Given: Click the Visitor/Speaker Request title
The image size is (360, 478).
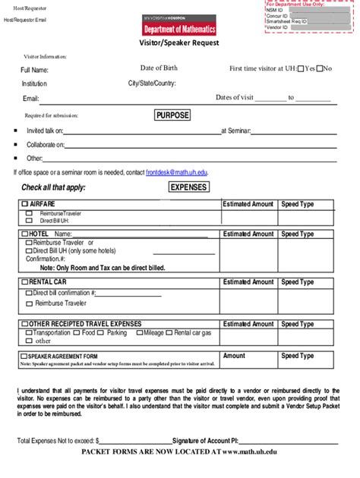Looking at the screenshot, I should pos(178,43).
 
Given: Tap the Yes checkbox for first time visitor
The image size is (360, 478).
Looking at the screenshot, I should pos(301,69).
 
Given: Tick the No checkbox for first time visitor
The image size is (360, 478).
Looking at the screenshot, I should pos(321,69).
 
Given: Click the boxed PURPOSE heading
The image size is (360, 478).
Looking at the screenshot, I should pos(172,115).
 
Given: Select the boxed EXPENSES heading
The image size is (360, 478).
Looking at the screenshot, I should pos(188,187).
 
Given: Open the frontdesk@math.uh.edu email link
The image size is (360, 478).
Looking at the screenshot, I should pos(176,172).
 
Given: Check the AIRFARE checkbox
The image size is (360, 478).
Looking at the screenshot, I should pos(25,204).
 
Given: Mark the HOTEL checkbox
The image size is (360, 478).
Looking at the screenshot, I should pos(25,234).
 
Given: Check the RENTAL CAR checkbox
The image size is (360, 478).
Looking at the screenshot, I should pos(25,282).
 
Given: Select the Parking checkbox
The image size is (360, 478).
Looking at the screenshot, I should pos(103,332).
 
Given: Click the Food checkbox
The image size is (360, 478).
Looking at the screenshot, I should pos(77,332).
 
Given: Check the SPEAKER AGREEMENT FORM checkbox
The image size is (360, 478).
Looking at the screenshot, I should pos(25,356).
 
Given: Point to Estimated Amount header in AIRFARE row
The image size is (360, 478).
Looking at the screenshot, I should pos(248,204).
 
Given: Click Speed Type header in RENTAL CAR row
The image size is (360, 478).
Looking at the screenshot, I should pos(297,282).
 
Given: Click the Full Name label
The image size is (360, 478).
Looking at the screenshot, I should pos(34,71).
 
